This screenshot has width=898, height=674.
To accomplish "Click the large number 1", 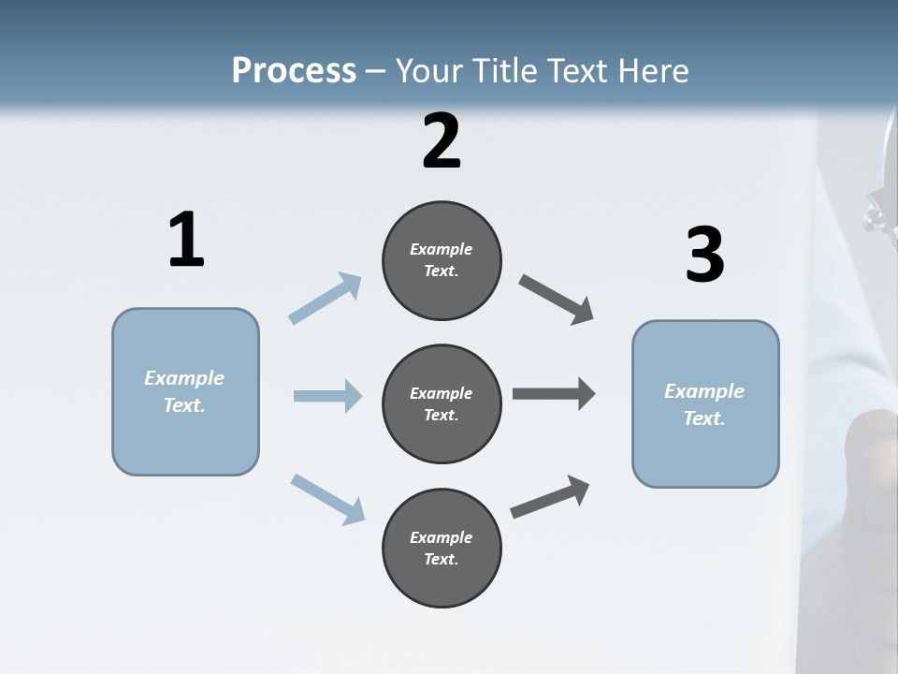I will click(x=186, y=241).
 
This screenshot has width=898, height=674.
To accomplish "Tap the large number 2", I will click(x=442, y=141).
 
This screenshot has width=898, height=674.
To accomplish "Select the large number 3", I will click(x=704, y=256).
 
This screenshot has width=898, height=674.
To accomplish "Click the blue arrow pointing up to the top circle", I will click(x=326, y=298).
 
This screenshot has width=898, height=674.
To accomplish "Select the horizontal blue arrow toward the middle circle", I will click(x=327, y=396).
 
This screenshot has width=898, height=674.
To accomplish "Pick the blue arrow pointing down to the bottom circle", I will click(x=327, y=498).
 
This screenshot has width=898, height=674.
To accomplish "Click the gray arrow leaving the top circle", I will click(x=557, y=300).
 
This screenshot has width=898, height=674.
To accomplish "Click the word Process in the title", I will click(x=294, y=70).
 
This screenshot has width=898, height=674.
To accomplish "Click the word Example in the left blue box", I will click(x=184, y=378).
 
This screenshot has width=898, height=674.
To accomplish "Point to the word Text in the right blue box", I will click(x=702, y=418).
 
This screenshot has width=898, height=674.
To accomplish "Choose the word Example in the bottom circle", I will click(x=442, y=537).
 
